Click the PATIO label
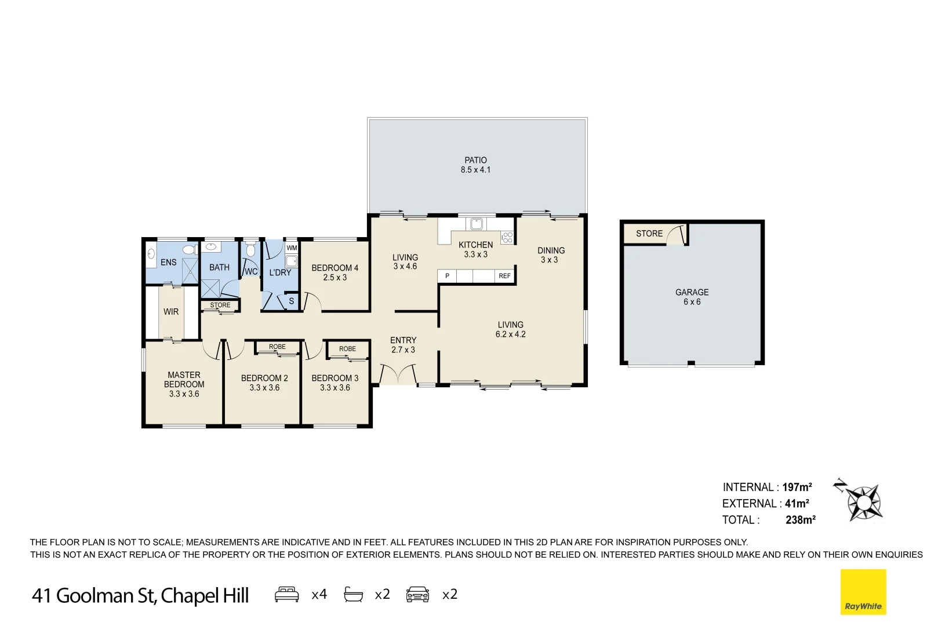(475, 160)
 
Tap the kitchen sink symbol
(477, 224)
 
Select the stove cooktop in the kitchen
(507, 236)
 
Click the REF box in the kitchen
(504, 276)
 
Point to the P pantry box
(447, 276)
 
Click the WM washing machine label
(292, 248)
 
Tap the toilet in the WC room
(250, 250)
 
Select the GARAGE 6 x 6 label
(692, 297)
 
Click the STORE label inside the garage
(649, 234)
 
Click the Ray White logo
(863, 592)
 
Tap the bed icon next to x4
(287, 595)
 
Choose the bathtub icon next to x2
(354, 595)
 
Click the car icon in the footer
(417, 595)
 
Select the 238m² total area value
(800, 520)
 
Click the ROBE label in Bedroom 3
(347, 349)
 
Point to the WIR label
(171, 312)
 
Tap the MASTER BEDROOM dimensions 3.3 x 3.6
(184, 394)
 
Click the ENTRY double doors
(398, 374)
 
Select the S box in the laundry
(292, 301)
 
